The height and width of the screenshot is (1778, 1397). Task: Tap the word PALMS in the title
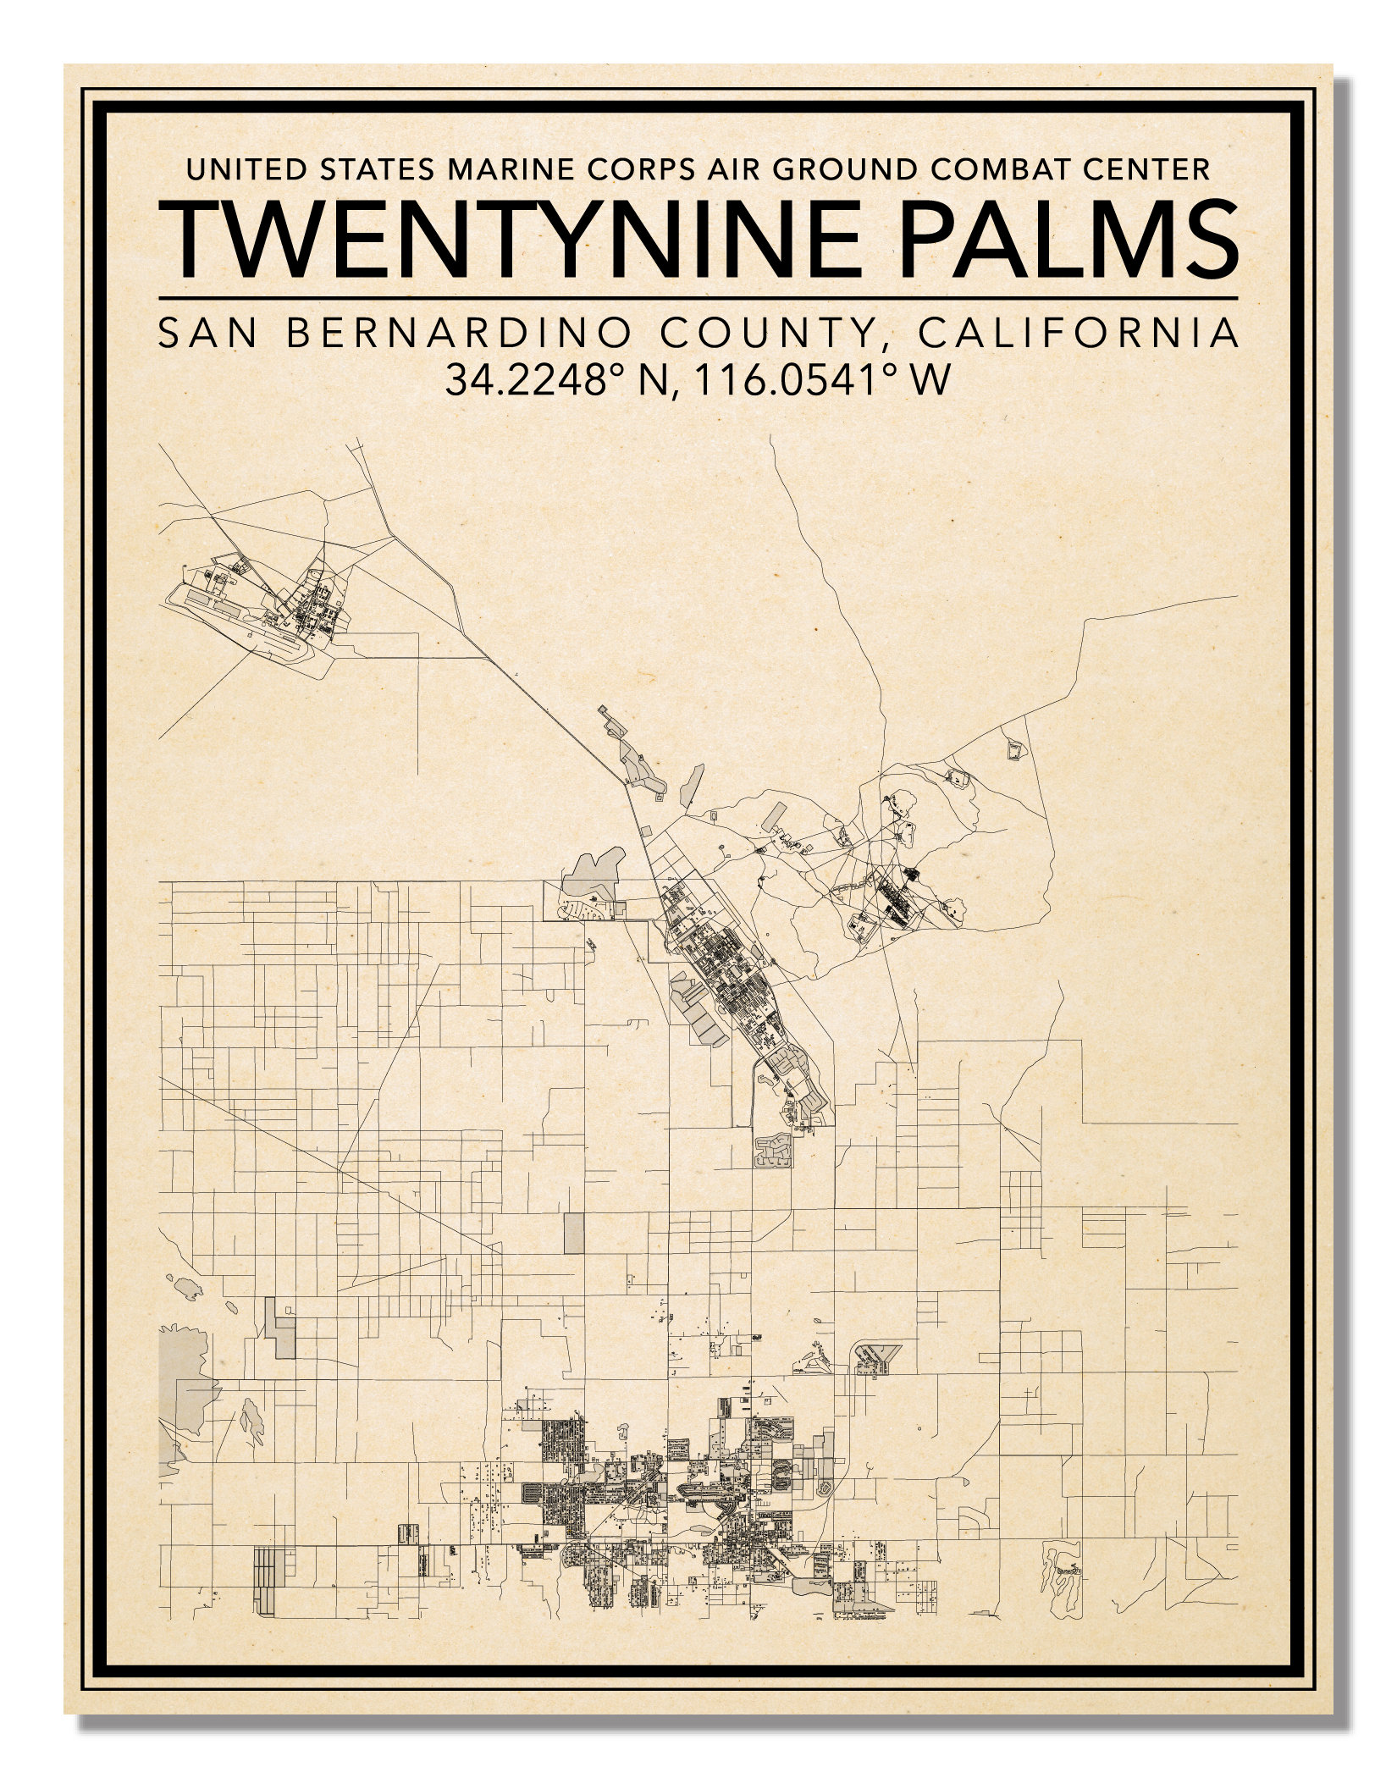[x=1045, y=240]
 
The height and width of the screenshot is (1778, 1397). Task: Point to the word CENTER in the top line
[x=1148, y=170]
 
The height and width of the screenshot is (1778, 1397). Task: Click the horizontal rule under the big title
[x=698, y=298]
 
